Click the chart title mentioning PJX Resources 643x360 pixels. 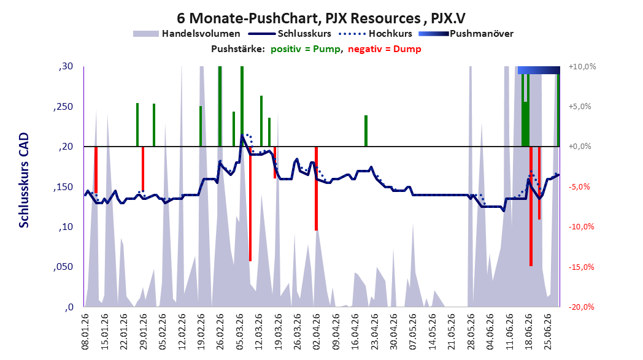tap(321, 18)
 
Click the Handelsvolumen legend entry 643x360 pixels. tap(187, 34)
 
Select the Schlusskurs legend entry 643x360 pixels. tap(290, 34)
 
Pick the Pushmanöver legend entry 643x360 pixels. tap(466, 34)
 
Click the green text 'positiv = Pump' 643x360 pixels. tap(306, 49)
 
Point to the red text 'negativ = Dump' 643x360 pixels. tap(385, 49)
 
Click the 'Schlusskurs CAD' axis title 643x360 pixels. tap(24, 180)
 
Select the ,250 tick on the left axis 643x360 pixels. tap(63, 107)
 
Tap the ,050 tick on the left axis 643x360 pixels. tap(63, 267)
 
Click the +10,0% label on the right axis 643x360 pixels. tap(582, 66)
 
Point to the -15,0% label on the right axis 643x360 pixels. tap(582, 267)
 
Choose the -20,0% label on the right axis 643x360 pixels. tap(582, 307)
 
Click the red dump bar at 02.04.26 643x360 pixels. tap(316, 189)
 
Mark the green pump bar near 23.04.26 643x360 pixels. tap(366, 131)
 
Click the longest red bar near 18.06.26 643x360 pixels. tap(531, 207)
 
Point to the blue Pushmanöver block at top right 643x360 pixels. tap(539, 70)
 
